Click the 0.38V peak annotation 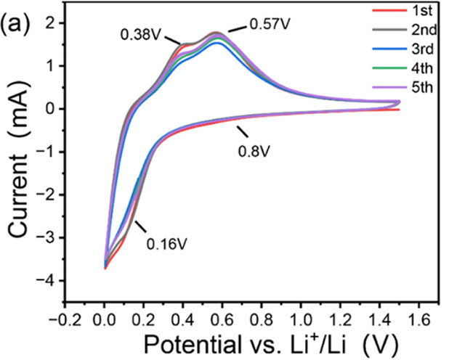[x=141, y=33]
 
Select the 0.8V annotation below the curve [x=253, y=153]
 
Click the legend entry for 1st [x=421, y=10]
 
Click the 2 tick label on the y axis [x=55, y=23]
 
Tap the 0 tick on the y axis [x=55, y=109]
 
